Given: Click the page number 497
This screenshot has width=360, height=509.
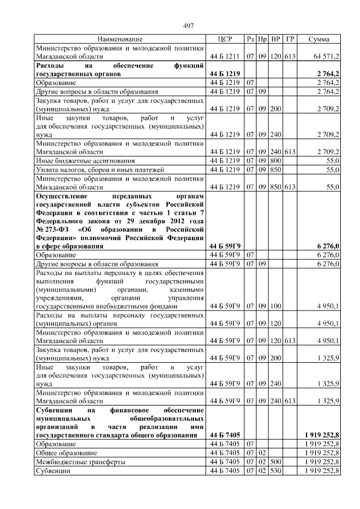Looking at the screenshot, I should tap(189, 26).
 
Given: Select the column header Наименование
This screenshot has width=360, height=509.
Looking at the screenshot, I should tap(120, 39).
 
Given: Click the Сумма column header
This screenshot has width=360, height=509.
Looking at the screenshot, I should tap(319, 39).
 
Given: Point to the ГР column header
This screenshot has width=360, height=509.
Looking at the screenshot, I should tap(290, 39).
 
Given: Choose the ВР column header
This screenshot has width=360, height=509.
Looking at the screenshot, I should tap(276, 39).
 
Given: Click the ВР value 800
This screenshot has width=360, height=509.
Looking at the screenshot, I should tap(276, 160).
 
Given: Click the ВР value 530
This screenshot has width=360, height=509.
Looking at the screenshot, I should tap(276, 470).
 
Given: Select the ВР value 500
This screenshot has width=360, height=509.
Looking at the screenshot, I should tap(276, 461).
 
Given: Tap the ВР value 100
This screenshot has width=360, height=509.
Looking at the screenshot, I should tap(276, 306).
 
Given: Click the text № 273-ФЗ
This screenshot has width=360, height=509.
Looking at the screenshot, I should tap(53, 229).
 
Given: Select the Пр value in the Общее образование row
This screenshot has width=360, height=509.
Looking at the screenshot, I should tap(262, 452).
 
